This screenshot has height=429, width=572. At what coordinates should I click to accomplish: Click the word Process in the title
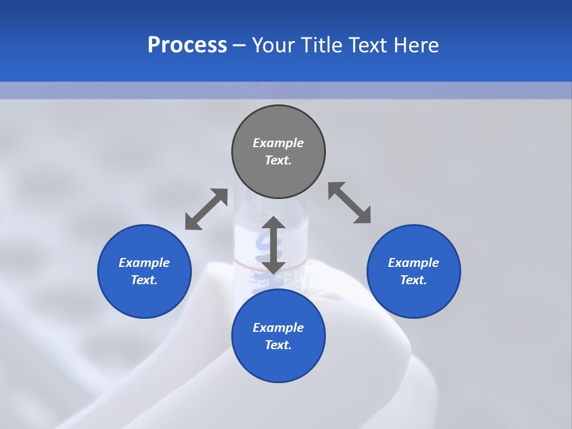click(187, 45)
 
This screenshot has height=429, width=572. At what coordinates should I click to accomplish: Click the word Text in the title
click(370, 45)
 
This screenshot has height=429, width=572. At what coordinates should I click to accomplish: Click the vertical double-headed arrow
click(273, 245)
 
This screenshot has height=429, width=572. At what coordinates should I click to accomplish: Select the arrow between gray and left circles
click(206, 209)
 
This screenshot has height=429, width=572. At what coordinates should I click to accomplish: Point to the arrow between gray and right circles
click(350, 203)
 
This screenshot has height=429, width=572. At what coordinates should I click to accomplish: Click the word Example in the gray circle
click(278, 143)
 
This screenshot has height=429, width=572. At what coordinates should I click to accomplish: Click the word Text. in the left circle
click(144, 280)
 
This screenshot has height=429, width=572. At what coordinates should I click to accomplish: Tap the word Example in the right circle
click(414, 263)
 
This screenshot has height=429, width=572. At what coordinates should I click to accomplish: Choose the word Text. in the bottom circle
click(278, 345)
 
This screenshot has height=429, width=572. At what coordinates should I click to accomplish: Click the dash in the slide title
click(239, 45)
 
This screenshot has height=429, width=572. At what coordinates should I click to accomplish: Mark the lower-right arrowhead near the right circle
click(363, 216)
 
